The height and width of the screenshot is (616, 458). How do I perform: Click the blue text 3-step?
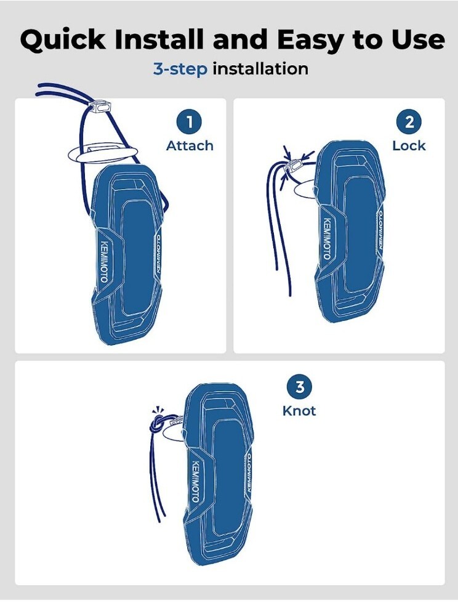coord(180,70)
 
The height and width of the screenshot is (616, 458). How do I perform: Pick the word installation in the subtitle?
coord(260,69)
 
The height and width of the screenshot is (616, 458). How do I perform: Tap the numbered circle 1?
coord(190,121)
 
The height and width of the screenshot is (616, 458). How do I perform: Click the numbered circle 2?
coord(409,121)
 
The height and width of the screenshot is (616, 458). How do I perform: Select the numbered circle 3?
coord(299,387)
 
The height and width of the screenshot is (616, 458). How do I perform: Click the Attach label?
coord(190,146)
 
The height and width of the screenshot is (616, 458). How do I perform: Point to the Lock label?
coord(409,146)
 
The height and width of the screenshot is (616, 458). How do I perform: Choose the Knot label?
coord(299,411)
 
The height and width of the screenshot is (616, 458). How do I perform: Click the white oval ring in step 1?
coord(103,153)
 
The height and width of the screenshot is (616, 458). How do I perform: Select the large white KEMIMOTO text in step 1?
coord(104,261)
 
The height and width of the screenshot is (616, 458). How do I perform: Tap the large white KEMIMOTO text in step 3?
coord(195,481)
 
